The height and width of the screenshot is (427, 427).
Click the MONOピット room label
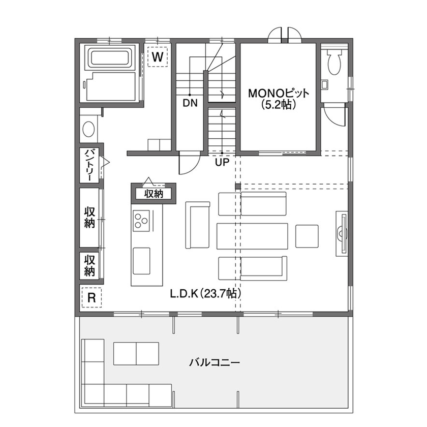pos(279,94)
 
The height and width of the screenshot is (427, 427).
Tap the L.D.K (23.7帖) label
pos(205,293)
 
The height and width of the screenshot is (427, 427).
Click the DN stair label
pos(190,103)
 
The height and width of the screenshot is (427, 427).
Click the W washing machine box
pos(158,56)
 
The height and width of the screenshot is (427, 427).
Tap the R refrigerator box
pos(91,297)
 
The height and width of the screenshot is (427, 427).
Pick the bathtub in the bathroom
pos(110,57)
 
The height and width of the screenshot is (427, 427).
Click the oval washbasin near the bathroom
pos(88,129)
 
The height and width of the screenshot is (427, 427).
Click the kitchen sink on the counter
pos(141,256)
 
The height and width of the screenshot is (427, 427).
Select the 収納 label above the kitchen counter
pos(153,193)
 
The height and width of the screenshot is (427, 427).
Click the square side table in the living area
pos(308,236)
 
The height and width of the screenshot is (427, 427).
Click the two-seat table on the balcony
pos(136,353)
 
